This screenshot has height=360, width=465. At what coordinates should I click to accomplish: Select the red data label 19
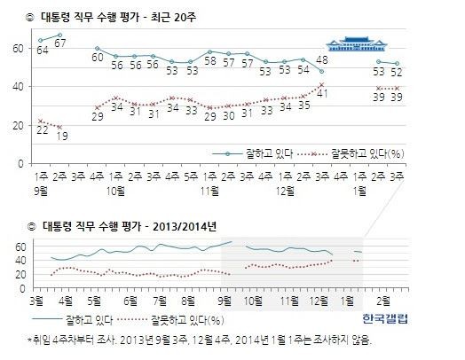point(61,136)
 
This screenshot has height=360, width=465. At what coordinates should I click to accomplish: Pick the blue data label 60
point(99,58)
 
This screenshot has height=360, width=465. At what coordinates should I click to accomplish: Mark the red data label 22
point(43,130)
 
